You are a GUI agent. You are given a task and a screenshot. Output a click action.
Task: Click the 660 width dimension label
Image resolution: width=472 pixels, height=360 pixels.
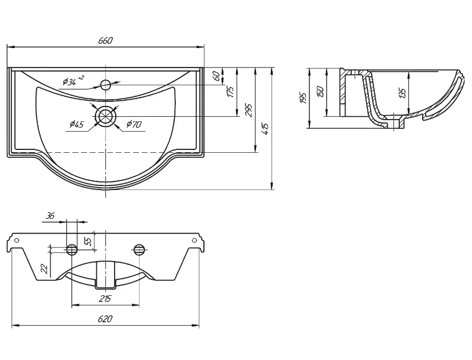click(x=105, y=40)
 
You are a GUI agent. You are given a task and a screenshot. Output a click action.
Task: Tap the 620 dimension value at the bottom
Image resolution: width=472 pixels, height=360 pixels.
click(x=105, y=318)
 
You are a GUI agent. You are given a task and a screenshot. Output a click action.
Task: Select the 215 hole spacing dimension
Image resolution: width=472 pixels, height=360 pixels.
click(x=105, y=299)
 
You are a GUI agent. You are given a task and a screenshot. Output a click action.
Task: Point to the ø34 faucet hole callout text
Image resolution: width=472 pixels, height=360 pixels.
click(x=73, y=80)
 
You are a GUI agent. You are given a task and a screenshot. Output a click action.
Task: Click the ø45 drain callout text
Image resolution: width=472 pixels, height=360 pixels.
click(x=76, y=124)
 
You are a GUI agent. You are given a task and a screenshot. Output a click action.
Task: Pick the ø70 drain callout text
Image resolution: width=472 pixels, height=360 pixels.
click(x=134, y=124)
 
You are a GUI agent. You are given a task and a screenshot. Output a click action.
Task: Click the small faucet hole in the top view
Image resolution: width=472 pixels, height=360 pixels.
click(x=105, y=85)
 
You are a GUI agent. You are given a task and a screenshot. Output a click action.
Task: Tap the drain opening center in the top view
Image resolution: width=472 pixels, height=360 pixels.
click(x=105, y=116)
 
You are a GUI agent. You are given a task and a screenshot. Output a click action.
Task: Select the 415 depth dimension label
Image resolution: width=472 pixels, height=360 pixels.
click(x=266, y=129)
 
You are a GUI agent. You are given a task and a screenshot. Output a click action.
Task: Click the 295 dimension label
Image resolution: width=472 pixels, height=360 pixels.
click(x=249, y=110)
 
